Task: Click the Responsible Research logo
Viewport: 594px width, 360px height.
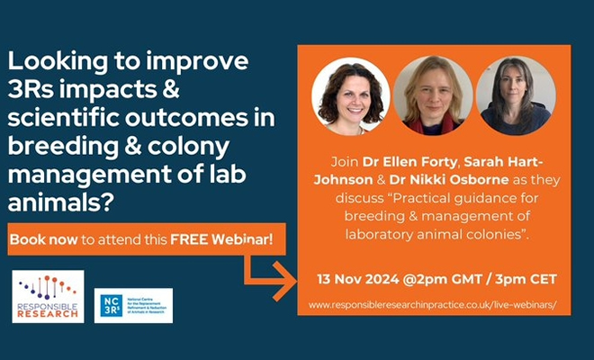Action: (x=48, y=296)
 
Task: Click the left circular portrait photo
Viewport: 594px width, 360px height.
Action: (x=350, y=95)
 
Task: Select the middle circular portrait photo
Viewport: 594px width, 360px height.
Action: (x=433, y=95)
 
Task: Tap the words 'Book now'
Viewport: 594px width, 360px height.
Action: (x=40, y=241)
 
